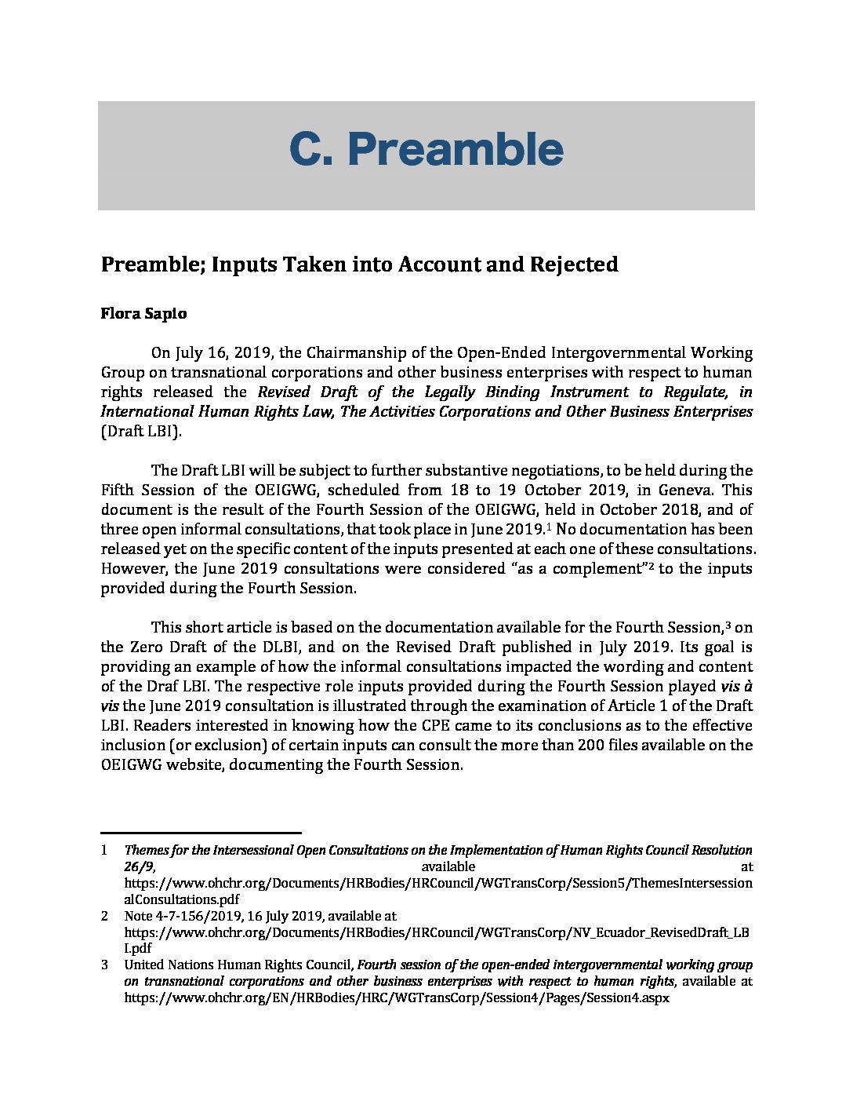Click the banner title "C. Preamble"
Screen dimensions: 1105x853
point(426,150)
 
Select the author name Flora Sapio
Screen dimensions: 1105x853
point(143,314)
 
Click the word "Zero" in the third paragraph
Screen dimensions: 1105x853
point(144,647)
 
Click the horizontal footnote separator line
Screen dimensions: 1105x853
point(201,833)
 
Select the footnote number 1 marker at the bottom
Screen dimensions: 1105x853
point(104,850)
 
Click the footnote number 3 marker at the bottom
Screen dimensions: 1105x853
point(104,965)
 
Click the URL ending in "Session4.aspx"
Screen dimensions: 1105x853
point(397,998)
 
